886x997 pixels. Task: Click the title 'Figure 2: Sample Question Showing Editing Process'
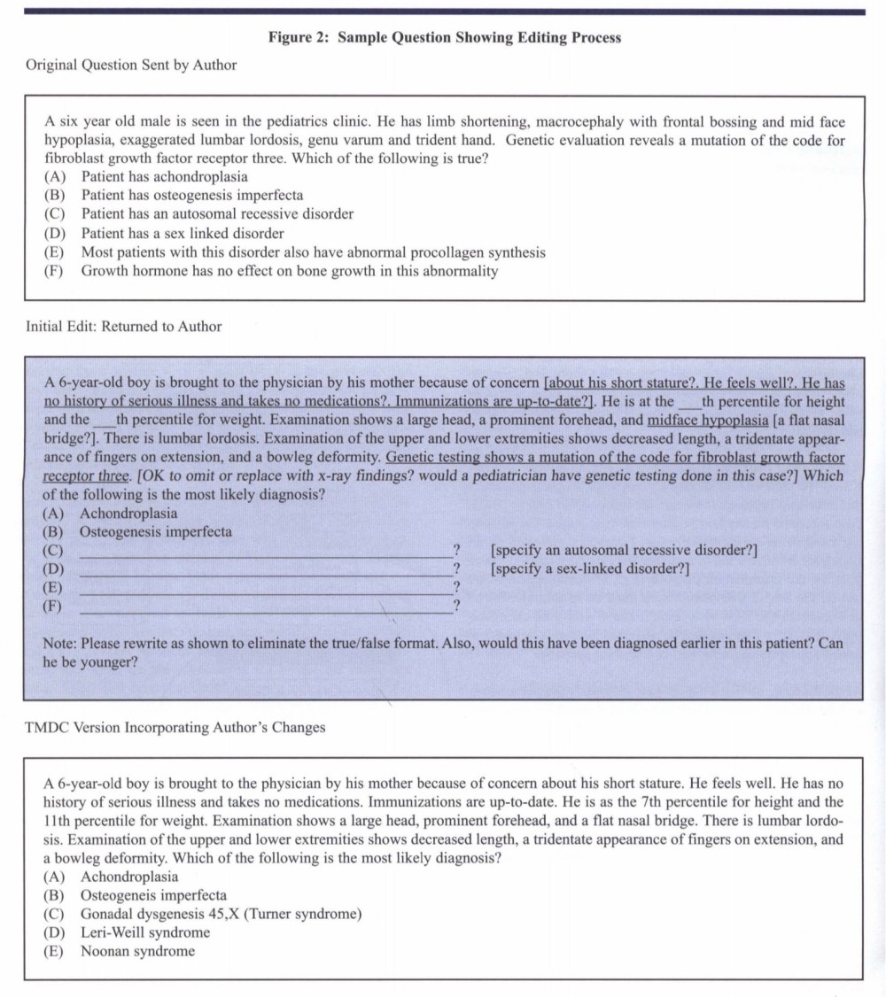point(444,38)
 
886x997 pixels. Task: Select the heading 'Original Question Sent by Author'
point(131,65)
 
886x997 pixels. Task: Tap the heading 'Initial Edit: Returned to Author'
point(124,327)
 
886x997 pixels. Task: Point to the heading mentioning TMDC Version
point(175,728)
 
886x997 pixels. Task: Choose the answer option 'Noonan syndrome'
point(137,952)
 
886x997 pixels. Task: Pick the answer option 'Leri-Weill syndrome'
point(145,932)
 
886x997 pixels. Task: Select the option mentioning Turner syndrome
point(221,914)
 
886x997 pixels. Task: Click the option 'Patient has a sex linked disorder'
point(183,234)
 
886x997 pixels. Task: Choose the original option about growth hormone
point(290,271)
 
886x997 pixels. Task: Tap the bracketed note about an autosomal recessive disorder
point(624,550)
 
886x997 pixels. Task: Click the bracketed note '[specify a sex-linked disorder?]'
point(590,568)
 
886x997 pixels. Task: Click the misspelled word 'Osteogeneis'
point(119,895)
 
